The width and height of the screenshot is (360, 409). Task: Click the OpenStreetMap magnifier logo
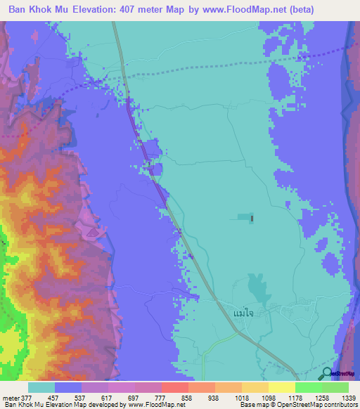click(326, 373)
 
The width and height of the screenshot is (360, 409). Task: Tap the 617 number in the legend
click(105, 396)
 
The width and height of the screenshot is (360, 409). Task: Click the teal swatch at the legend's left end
click(41, 387)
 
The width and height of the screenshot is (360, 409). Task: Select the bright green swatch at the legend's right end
click(335, 387)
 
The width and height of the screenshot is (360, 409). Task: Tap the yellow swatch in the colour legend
click(281, 387)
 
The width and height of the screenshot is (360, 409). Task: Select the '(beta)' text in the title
click(280, 9)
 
